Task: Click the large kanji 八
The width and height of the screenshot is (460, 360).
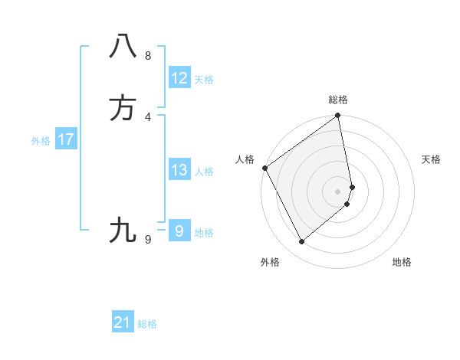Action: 123,46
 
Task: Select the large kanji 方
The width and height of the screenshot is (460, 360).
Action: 123,108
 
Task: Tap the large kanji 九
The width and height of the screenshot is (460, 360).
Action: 123,230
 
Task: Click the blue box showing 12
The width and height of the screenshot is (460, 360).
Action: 179,78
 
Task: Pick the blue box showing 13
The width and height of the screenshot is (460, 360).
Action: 179,170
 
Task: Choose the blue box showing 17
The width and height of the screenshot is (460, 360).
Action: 65,139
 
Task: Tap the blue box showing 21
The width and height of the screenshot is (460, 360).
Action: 123,322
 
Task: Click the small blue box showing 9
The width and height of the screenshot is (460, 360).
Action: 179,231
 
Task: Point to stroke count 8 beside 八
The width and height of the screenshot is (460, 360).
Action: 148,55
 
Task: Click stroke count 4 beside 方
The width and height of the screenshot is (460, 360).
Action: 148,117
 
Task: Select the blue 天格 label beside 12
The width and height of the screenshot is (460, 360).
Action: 204,80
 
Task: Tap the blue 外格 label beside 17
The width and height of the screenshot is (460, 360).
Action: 41,141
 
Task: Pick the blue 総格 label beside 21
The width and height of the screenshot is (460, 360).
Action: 147,324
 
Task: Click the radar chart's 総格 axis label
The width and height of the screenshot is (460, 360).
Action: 338,100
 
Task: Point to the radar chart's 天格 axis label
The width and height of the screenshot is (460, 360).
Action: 432,159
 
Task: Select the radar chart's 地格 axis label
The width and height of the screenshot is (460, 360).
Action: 402,262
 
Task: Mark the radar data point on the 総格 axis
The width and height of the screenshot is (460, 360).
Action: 338,116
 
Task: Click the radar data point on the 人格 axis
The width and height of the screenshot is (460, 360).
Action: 264,168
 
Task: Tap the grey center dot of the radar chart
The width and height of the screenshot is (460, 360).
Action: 338,191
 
